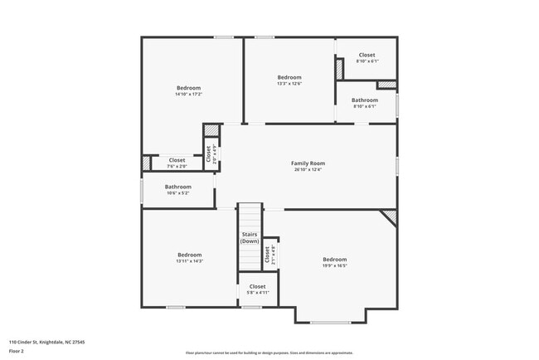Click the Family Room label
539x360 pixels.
(308, 163)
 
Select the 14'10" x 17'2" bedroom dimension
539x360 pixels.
(188, 95)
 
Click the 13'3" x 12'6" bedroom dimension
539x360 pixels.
(289, 83)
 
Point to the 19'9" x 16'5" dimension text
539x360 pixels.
(334, 266)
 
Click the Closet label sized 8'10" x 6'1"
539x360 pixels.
(366, 55)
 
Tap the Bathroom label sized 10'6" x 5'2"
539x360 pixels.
(177, 187)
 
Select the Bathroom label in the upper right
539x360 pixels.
(365, 100)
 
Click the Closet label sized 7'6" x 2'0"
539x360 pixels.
(177, 160)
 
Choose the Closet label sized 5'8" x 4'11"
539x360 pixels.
(257, 286)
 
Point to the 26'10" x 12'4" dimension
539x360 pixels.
(308, 170)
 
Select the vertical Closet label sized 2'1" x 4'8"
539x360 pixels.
(267, 255)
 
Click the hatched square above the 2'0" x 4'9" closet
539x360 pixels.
(212, 130)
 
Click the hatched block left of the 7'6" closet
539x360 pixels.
(147, 164)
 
